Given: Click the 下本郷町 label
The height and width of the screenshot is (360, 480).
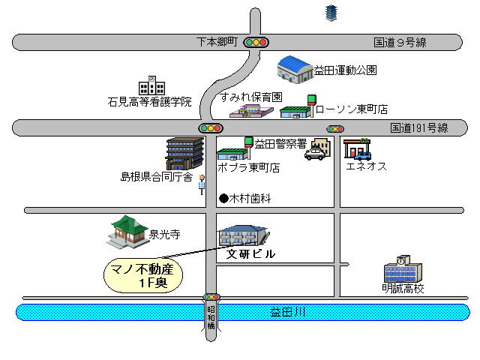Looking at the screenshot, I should coord(216,42).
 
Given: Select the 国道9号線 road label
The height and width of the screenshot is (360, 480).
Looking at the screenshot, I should coord(401,42).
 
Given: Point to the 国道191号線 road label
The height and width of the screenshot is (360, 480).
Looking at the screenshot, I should coord(418,128).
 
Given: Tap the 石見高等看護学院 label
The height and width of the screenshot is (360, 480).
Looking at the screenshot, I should coord(150,101).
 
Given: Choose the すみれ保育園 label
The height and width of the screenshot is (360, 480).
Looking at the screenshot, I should coord(251,97).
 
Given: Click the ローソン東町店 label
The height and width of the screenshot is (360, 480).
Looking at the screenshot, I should coord(351,109).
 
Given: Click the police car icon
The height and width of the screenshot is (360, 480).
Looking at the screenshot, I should coord(316,154).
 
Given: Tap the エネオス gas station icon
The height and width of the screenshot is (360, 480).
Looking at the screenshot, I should coord(357,148).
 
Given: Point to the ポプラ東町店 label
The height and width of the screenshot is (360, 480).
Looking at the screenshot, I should coord(248,168).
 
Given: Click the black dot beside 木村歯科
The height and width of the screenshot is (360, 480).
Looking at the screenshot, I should coord(223,199).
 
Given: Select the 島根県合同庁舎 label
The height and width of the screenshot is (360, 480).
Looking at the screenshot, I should coord(157,177).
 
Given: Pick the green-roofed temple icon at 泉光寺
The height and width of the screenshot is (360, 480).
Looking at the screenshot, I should coord(127,231).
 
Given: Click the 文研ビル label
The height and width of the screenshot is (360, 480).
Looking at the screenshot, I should coord(251,254).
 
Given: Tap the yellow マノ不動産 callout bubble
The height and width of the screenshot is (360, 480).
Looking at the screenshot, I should coord(142,275).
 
